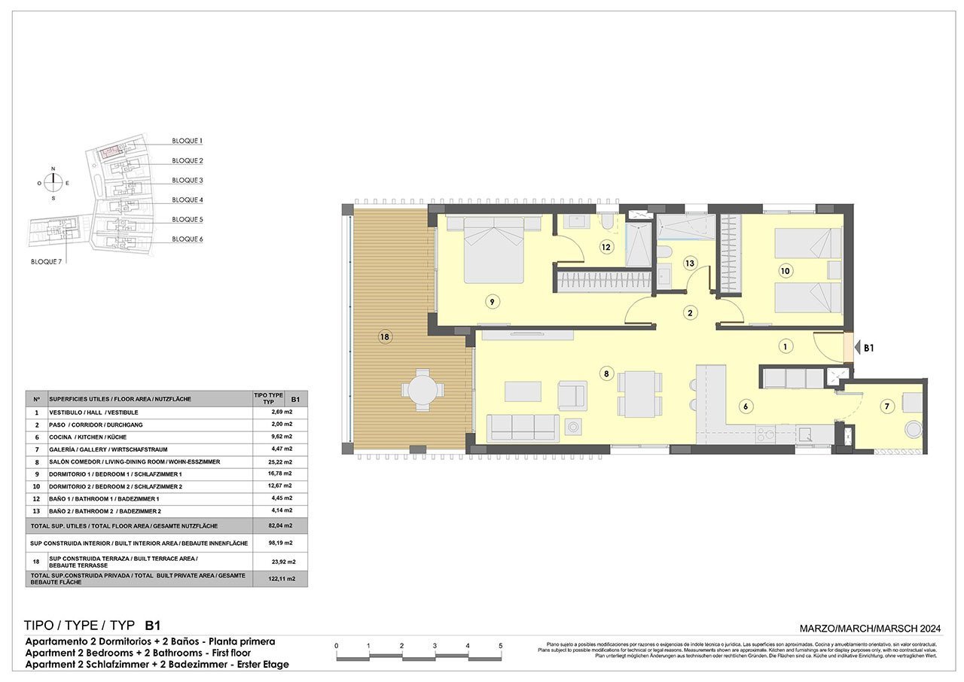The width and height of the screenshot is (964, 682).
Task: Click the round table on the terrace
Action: [421, 388]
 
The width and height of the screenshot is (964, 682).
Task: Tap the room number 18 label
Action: [385, 337]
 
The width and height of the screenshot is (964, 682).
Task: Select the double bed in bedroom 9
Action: [493, 249]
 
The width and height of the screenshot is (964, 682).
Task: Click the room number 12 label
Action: [606, 246]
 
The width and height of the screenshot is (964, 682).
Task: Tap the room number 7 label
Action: [886, 406]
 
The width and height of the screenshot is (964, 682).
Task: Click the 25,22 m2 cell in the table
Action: [281, 461]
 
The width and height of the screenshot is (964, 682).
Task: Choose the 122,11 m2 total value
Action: [281, 579]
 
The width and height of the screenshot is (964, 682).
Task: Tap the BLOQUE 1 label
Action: [187, 141]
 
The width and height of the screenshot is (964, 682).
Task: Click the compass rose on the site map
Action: [53, 183]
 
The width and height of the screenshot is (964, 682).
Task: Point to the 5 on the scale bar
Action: [501, 646]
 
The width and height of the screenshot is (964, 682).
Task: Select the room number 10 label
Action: [785, 270]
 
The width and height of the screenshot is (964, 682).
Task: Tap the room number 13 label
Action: [689, 263]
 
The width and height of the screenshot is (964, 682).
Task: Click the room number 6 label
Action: [746, 406]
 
